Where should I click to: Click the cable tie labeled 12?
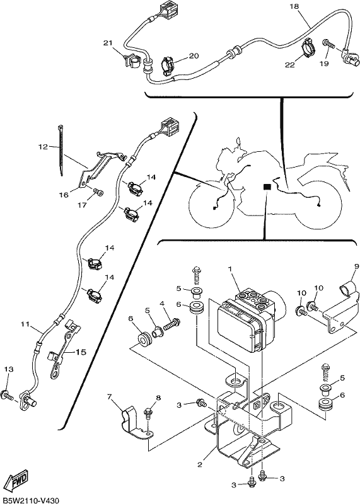click(61, 150)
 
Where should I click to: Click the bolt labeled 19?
click(327, 43)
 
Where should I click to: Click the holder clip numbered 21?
click(131, 60)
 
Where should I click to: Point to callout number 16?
click(64, 195)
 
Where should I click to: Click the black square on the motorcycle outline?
click(267, 186)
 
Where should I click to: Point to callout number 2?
click(200, 464)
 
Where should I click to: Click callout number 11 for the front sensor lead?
click(25, 324)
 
